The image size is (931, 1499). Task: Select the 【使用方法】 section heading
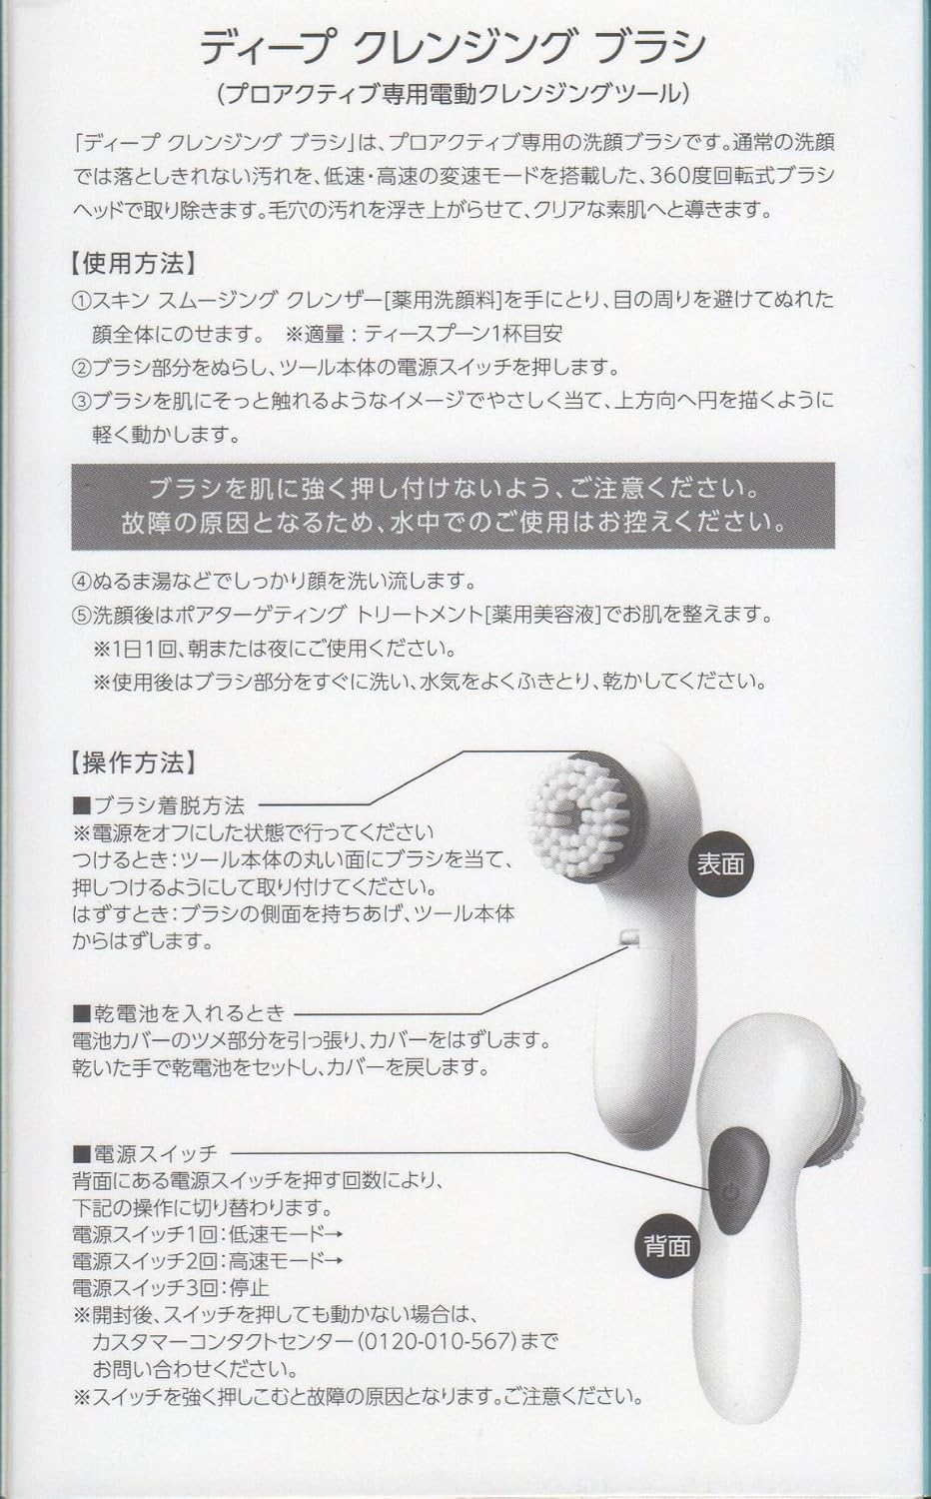pos(133,264)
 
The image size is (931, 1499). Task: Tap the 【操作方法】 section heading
pos(133,761)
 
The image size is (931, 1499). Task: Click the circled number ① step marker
pos(81,299)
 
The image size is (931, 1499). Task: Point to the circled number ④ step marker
pos(81,580)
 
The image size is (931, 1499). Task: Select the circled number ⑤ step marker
pos(81,614)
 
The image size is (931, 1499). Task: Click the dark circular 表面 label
pos(720,863)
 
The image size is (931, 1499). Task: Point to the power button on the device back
pos(730,1191)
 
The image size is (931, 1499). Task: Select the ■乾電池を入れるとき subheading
pos(179,1012)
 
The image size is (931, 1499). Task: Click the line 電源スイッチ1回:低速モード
pos(200,1233)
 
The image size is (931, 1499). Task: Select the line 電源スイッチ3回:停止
pos(171,1287)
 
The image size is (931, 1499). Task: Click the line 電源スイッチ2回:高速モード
pos(200,1260)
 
